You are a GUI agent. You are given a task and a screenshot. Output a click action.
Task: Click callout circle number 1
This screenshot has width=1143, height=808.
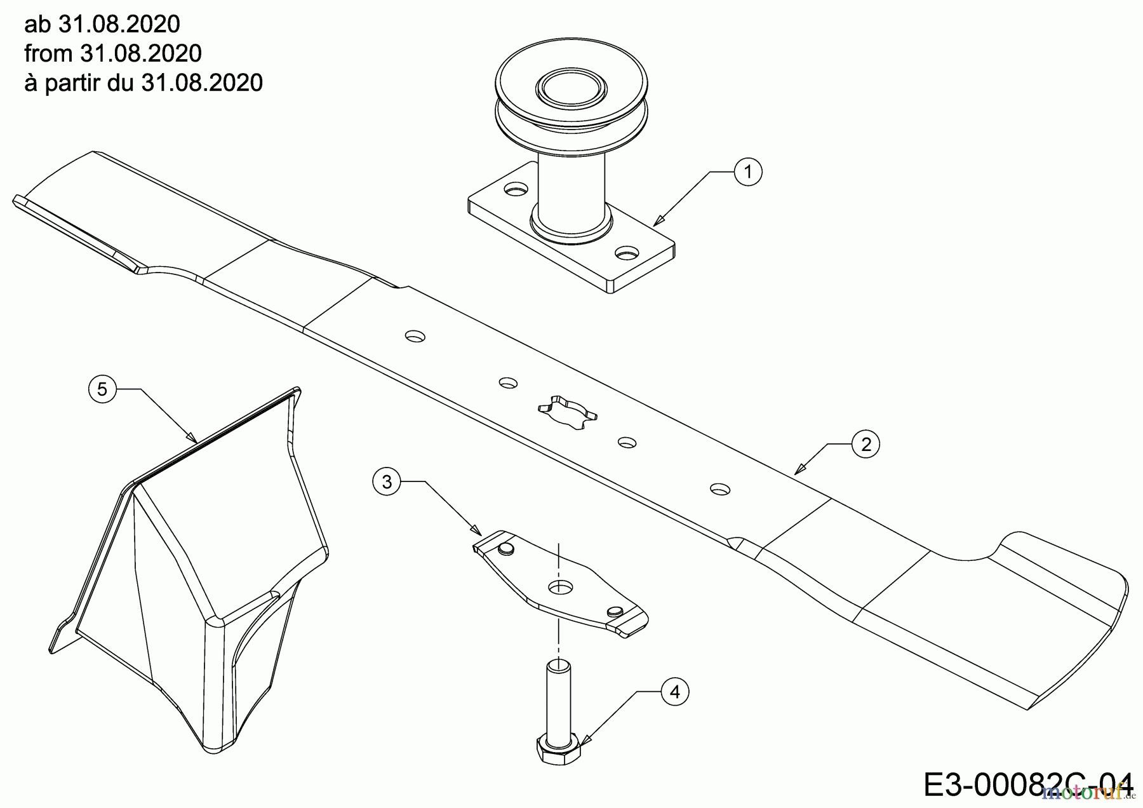tap(748, 172)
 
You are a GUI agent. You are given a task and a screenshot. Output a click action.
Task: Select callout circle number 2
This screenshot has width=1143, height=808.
tap(866, 444)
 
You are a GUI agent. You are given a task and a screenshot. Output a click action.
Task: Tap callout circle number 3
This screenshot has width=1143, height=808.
tap(387, 482)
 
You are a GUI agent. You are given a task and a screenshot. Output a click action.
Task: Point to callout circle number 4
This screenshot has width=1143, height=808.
tap(675, 692)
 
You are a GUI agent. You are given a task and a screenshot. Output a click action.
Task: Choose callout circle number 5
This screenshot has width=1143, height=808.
tap(103, 389)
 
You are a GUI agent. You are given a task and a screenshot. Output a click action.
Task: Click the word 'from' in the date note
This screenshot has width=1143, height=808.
tap(48, 53)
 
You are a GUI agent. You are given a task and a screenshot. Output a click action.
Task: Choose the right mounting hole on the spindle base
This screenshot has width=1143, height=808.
tap(627, 253)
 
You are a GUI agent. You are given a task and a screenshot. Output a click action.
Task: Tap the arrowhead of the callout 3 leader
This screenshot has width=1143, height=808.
tap(476, 529)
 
